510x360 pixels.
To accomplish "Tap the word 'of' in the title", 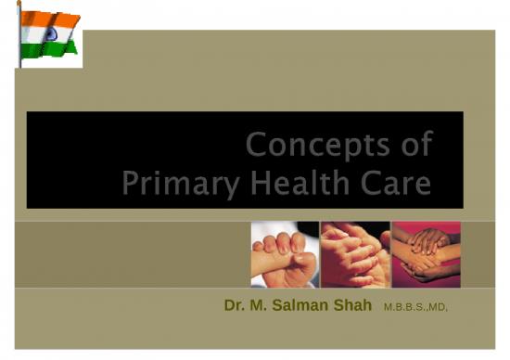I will click(413, 145).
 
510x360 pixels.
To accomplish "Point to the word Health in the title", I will click(291, 183).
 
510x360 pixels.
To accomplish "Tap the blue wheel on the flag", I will click(47, 32).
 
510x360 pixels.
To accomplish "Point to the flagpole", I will click(19, 37).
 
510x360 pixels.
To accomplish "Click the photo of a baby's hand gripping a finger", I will click(284, 253).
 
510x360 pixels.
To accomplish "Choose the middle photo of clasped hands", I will click(354, 253).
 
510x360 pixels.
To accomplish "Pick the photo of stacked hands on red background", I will click(426, 253).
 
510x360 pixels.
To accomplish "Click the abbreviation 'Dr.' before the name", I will click(235, 304).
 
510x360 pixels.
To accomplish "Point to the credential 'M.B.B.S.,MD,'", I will click(414, 306).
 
